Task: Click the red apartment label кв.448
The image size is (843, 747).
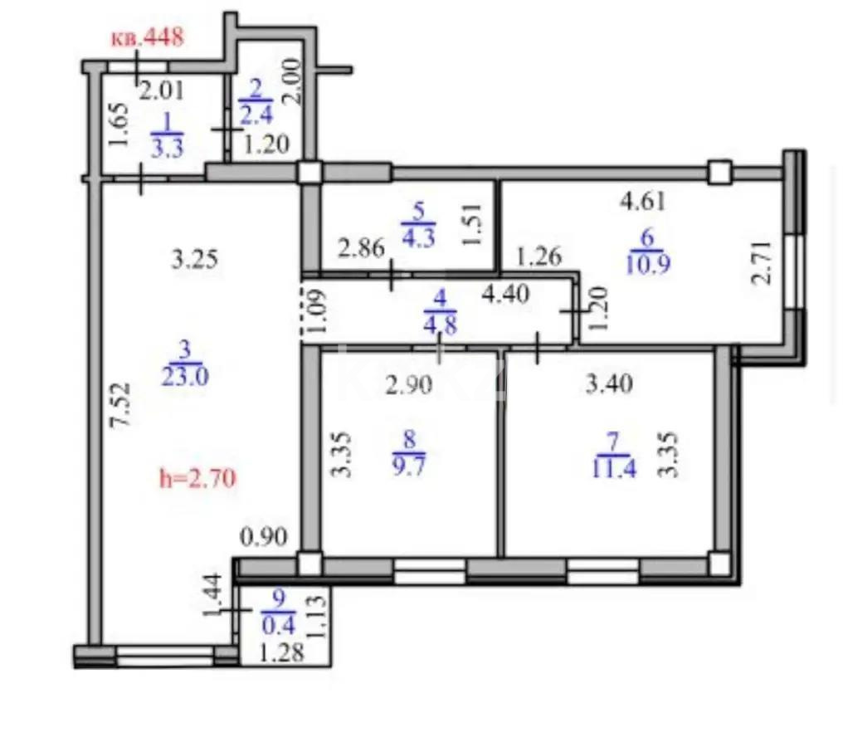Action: [x=148, y=37]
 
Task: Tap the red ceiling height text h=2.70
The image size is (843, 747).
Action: [x=197, y=477]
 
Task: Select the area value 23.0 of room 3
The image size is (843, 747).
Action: [x=185, y=377]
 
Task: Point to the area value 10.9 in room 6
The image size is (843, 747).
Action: [x=648, y=264]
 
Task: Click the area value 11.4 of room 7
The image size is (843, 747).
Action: [x=614, y=468]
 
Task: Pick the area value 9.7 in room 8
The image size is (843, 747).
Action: [x=409, y=465]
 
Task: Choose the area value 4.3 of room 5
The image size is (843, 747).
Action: [x=419, y=237]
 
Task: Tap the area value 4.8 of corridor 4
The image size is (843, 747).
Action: [x=441, y=326]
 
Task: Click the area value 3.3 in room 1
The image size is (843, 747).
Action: [x=168, y=148]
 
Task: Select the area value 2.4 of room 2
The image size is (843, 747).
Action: [x=256, y=115]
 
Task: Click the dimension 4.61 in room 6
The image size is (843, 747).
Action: [x=643, y=202]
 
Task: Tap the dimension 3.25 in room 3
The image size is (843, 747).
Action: [x=195, y=260]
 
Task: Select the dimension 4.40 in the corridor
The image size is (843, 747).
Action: [x=505, y=294]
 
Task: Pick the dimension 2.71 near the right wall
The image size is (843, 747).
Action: [x=763, y=262]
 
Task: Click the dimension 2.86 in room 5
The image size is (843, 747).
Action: [x=361, y=248]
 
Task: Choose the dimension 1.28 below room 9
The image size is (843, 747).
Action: [x=281, y=653]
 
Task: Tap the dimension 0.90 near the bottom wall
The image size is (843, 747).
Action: [x=264, y=537]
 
